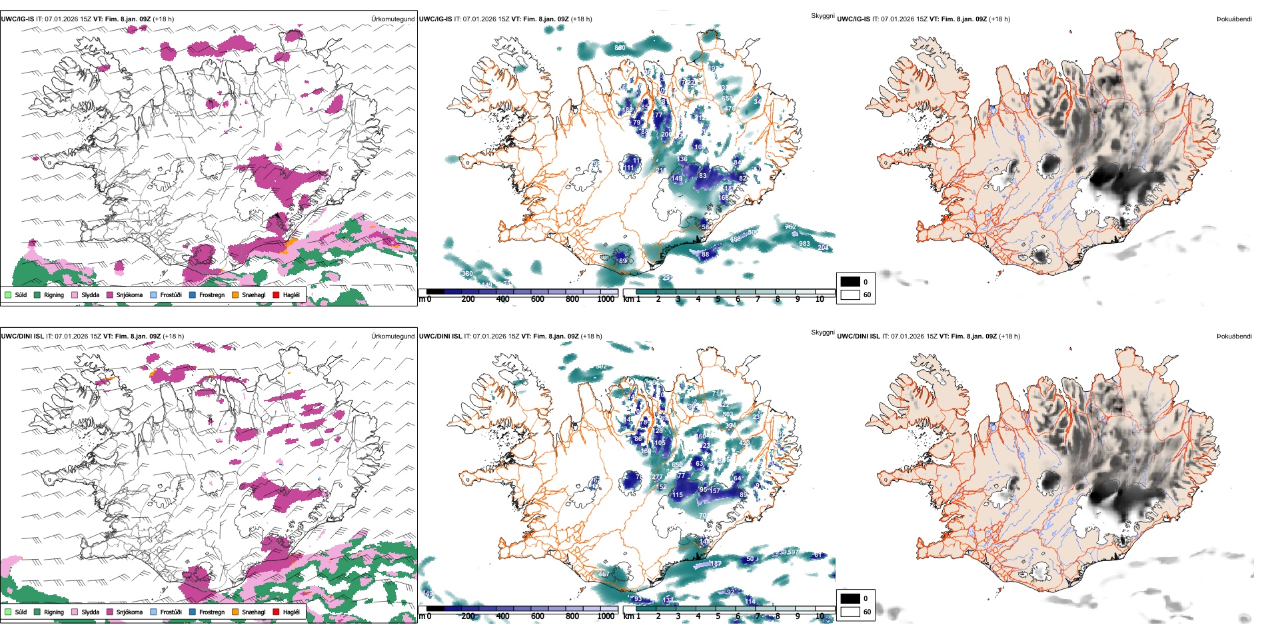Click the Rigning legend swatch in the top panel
pyautogui.click(x=37, y=295)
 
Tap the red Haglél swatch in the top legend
pyautogui.click(x=276, y=295)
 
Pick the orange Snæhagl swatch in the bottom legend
pyautogui.click(x=235, y=612)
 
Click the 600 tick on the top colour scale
pyautogui.click(x=537, y=299)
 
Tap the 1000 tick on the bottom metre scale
pyautogui.click(x=606, y=616)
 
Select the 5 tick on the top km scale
pyautogui.click(x=718, y=299)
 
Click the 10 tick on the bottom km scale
pyautogui.click(x=820, y=616)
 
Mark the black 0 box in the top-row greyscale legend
pyautogui.click(x=850, y=282)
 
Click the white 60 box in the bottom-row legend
pyautogui.click(x=850, y=612)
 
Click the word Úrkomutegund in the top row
pyautogui.click(x=392, y=19)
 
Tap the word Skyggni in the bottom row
pyautogui.click(x=822, y=332)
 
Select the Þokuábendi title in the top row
pyautogui.click(x=1234, y=19)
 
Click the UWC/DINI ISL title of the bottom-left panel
pyautogui.click(x=22, y=336)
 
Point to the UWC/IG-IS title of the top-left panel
pyautogui.click(x=17, y=19)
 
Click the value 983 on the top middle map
pyautogui.click(x=804, y=244)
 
